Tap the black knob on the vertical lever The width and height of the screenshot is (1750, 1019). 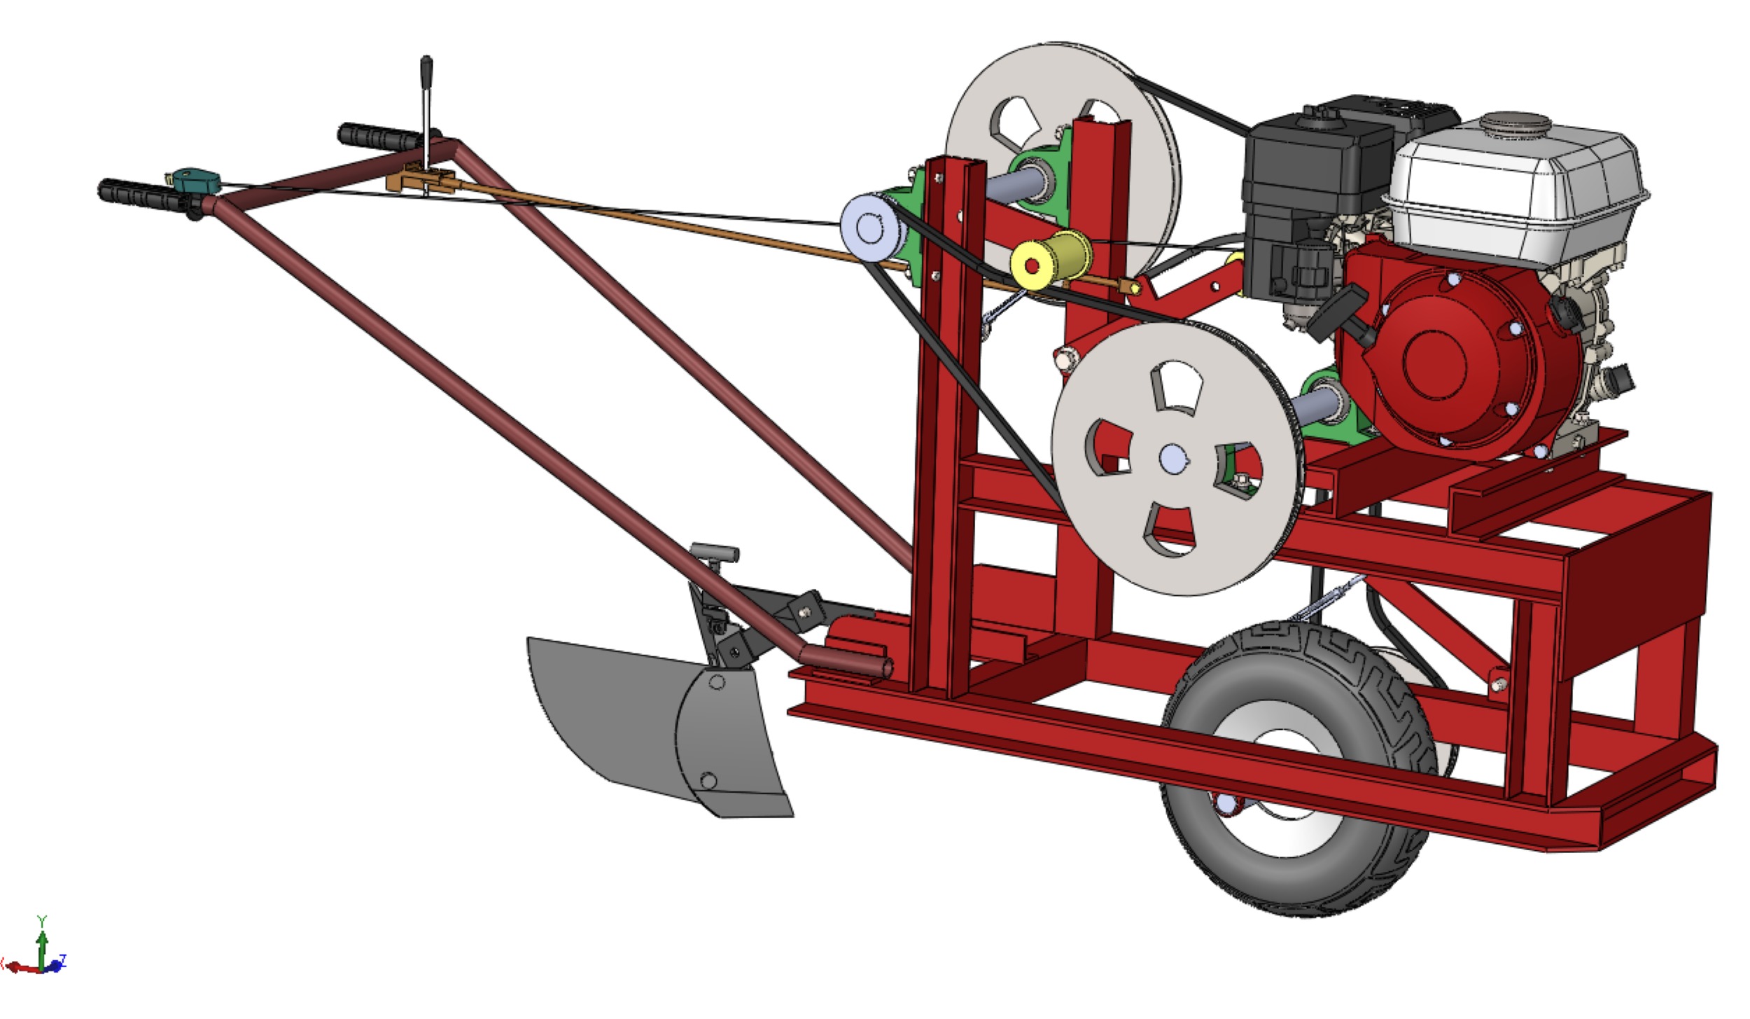coord(426,69)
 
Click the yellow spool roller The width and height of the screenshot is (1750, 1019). coord(1050,258)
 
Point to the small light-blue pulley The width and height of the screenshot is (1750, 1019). coord(868,228)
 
